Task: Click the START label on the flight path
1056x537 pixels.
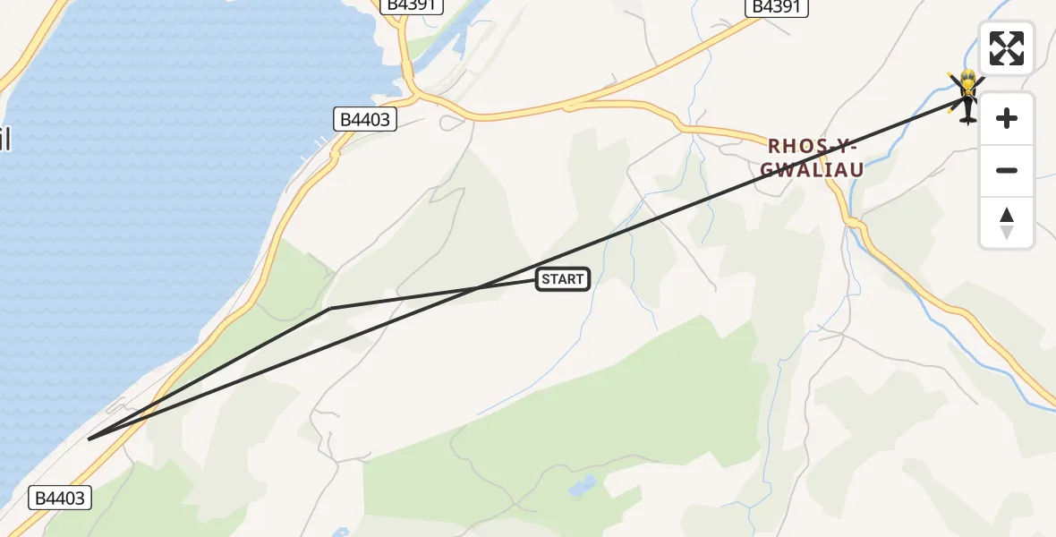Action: point(563,279)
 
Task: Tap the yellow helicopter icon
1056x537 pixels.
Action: point(967,94)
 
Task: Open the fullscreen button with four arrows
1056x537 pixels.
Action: point(1007,47)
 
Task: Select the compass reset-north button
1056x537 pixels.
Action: point(1007,223)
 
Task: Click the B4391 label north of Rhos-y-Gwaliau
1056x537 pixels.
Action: point(777,7)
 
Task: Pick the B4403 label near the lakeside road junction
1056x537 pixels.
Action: point(365,119)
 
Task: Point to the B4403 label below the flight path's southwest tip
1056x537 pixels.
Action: point(61,498)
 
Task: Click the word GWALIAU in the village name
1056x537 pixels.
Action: point(813,170)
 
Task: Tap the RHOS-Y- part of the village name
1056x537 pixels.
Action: point(813,146)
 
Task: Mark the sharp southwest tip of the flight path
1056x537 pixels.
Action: point(89,439)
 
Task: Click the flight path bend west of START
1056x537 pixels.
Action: point(330,309)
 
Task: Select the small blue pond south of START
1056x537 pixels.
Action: point(582,487)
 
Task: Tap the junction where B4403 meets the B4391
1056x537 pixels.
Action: point(413,93)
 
